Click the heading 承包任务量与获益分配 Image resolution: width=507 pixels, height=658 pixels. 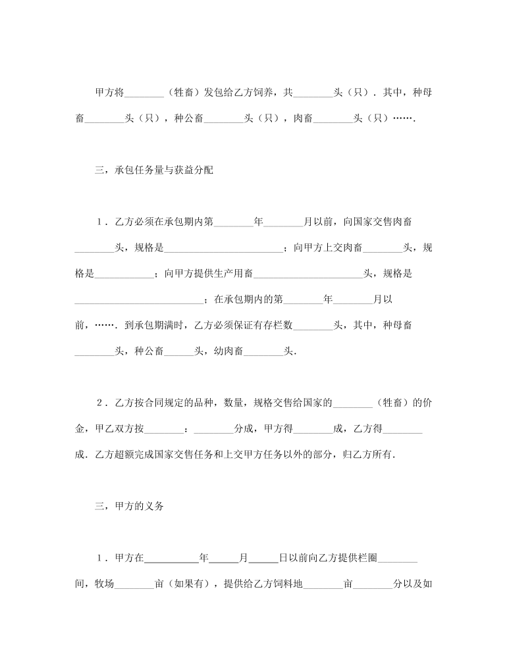[x=163, y=170]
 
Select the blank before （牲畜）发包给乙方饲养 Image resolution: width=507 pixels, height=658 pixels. [x=144, y=93]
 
